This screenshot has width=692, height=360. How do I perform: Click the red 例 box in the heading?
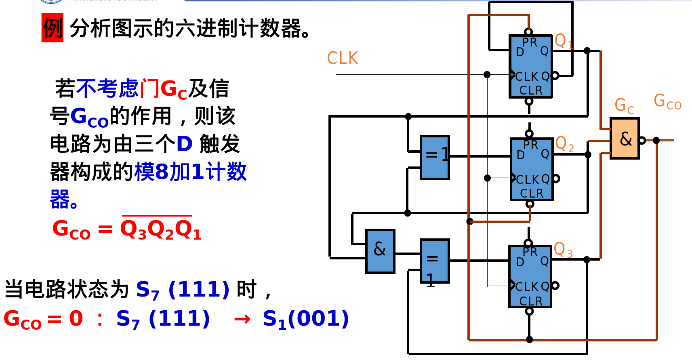[53, 27]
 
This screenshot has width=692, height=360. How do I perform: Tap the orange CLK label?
[343, 58]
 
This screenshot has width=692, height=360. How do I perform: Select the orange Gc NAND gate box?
[625, 139]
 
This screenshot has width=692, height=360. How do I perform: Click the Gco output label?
[667, 101]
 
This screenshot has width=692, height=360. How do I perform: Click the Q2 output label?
[564, 144]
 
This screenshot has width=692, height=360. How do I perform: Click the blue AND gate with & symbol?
[380, 251]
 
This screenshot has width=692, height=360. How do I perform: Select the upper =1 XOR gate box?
[435, 157]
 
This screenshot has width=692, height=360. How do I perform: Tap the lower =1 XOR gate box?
[434, 261]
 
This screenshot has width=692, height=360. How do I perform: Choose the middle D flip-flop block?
[532, 169]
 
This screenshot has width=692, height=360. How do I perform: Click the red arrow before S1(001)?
[242, 320]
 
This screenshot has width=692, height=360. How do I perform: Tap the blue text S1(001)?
[305, 319]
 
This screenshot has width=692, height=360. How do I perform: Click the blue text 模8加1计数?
[190, 172]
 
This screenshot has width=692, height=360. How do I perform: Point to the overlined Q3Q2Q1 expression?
[160, 229]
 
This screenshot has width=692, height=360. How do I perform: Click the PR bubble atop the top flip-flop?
[528, 32]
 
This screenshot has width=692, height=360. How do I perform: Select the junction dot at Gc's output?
[656, 140]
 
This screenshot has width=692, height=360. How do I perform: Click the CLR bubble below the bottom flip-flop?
[529, 311]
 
